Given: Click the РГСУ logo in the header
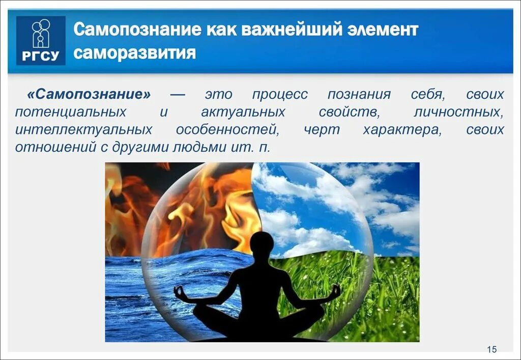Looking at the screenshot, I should coord(41,41).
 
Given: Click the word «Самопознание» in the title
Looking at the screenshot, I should coord(138,30).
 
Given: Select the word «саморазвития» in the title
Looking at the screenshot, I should coord(135,52).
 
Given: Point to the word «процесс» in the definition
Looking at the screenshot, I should coord(279,95).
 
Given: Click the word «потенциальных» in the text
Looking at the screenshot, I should coord(71,112).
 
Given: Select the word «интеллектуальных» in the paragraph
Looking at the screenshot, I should coord(83,129).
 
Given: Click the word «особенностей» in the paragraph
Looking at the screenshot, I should coord(227,129).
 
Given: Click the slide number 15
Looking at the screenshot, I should coord(491,349).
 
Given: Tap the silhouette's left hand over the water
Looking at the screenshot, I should coord(180,292).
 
